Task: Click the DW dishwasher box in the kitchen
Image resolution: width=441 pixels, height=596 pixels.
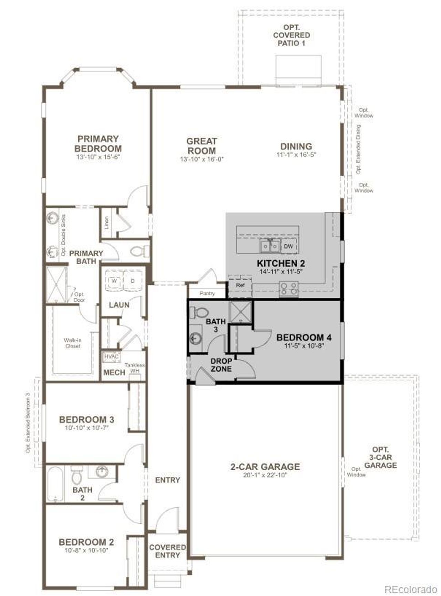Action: coord(289,247)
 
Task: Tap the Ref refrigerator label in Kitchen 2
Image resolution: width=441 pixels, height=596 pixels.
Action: coord(240,285)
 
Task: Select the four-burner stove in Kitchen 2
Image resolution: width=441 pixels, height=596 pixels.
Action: coord(289,289)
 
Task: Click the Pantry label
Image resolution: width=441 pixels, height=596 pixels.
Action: coord(207,293)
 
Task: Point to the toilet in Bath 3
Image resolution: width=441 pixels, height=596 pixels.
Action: coord(199,312)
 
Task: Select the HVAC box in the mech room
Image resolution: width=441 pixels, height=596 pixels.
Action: coord(111,356)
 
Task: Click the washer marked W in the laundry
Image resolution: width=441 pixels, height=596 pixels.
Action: coord(114,281)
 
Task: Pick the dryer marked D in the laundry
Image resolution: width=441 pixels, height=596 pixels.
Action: coord(133,281)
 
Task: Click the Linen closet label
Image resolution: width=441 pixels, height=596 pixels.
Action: coord(107,223)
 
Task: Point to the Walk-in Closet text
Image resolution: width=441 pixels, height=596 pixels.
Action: coord(73,343)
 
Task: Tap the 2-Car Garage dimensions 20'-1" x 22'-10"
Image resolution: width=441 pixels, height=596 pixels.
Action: coord(265,475)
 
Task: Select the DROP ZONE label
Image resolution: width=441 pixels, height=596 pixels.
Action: coord(221,365)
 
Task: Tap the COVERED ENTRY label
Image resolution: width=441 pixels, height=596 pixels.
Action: coord(167,551)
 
